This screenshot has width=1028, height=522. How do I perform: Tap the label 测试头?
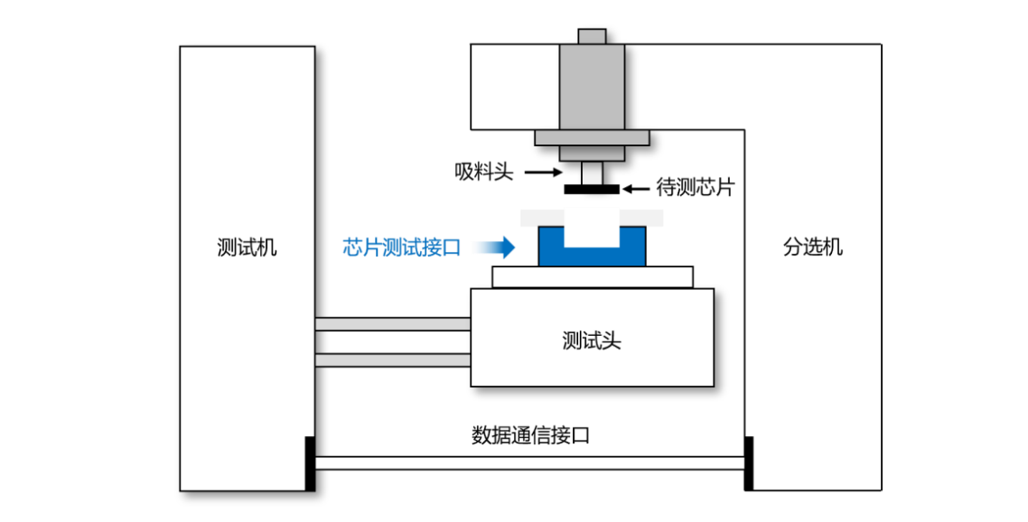pyautogui.click(x=592, y=341)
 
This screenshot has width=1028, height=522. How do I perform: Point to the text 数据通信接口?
pyautogui.click(x=530, y=435)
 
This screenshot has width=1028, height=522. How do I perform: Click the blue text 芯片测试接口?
pyautogui.click(x=402, y=247)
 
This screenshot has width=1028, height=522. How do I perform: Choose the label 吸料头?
pyautogui.click(x=484, y=171)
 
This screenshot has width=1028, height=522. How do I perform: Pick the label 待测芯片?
pyautogui.click(x=695, y=189)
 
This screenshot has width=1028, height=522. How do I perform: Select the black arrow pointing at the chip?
pyautogui.click(x=636, y=189)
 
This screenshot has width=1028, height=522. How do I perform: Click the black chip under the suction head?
pyautogui.click(x=592, y=190)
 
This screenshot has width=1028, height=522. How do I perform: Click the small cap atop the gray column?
pyautogui.click(x=592, y=36)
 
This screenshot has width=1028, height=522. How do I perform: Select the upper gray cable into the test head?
pyautogui.click(x=393, y=324)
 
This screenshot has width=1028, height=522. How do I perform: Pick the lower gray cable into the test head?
pyautogui.click(x=393, y=360)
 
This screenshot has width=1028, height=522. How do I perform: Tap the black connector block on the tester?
pyautogui.click(x=310, y=463)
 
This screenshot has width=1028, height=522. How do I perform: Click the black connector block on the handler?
pyautogui.click(x=748, y=463)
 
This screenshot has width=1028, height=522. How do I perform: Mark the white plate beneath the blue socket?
pyautogui.click(x=593, y=276)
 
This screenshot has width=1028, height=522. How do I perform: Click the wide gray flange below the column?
pyautogui.click(x=592, y=138)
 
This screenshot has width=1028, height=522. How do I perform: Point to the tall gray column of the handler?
pyautogui.click(x=592, y=86)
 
